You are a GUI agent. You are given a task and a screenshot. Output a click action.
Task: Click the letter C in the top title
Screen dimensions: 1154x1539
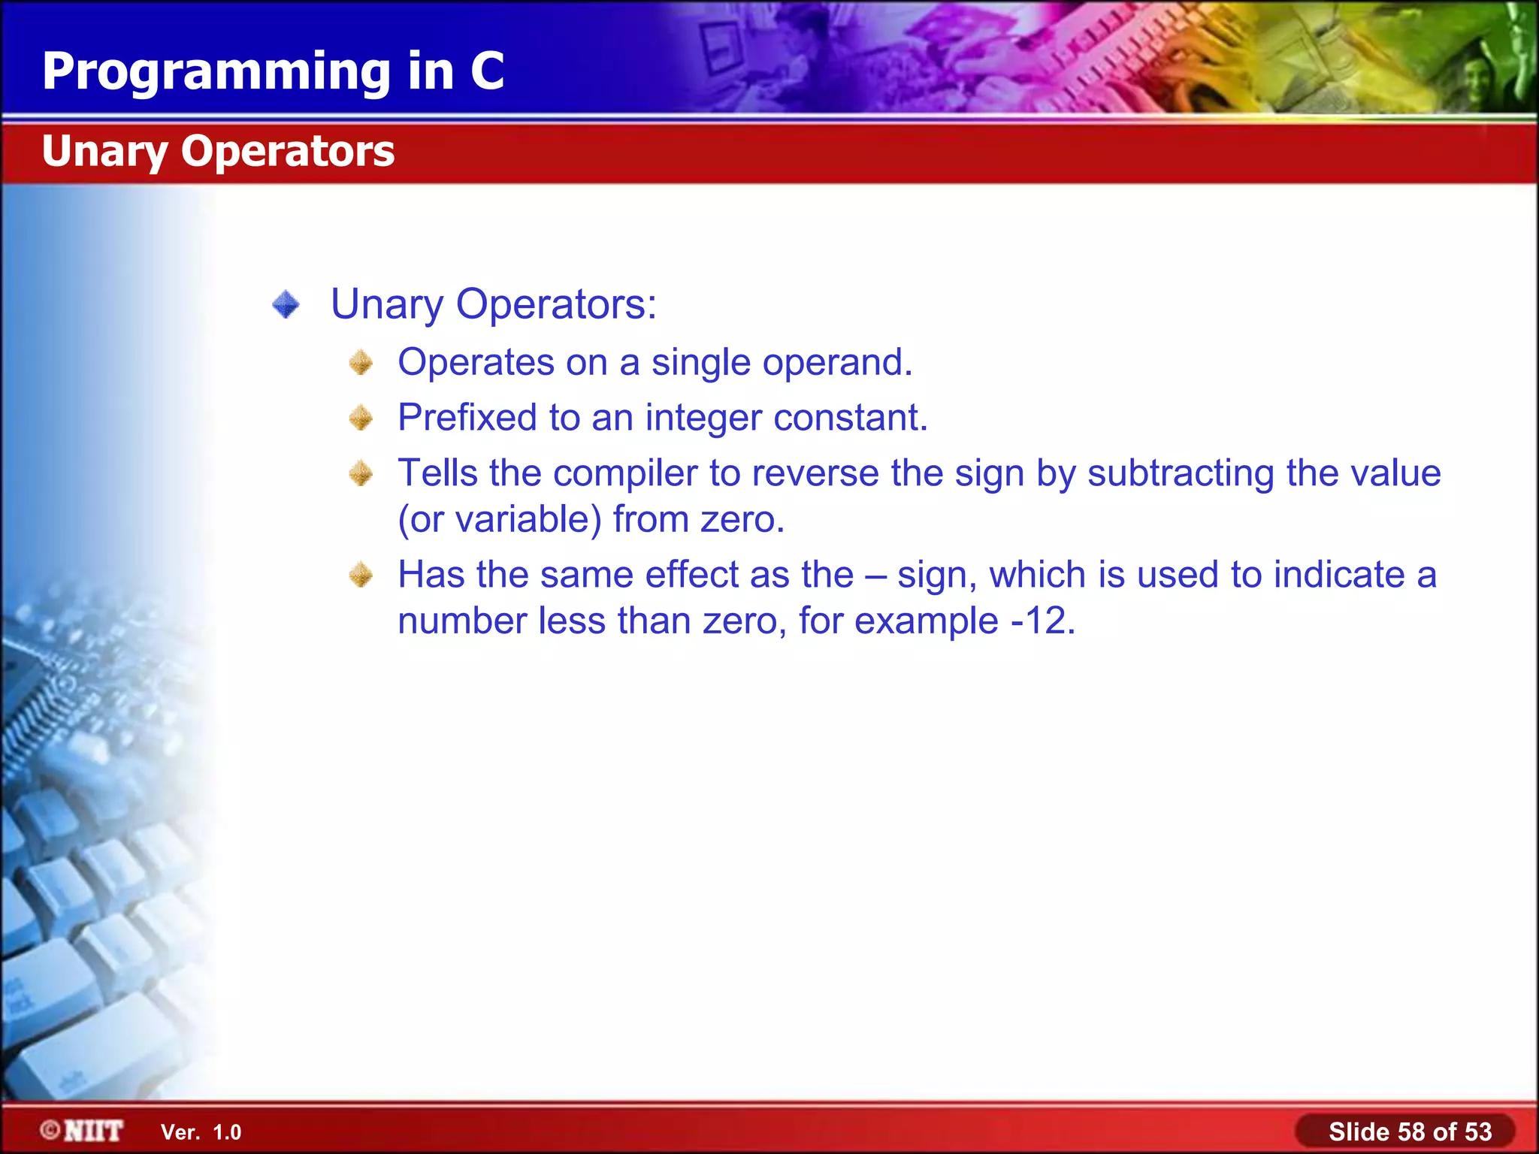coord(487,71)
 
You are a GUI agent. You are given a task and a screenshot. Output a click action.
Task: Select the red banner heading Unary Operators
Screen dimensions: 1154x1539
coord(218,152)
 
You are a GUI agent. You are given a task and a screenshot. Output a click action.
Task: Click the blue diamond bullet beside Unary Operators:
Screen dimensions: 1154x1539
coord(286,305)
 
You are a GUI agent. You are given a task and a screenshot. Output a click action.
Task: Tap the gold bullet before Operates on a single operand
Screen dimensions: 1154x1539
coord(361,363)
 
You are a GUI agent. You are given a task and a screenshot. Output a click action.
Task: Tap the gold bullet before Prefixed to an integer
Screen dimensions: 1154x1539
coord(361,418)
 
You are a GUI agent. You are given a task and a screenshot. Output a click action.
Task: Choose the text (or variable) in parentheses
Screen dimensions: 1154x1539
coord(500,520)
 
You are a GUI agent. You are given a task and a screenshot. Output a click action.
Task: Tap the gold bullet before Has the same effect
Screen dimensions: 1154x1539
coord(361,575)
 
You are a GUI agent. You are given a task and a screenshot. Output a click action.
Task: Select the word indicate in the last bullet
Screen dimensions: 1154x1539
coord(1339,575)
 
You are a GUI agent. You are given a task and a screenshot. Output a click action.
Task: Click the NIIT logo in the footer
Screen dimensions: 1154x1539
coord(83,1131)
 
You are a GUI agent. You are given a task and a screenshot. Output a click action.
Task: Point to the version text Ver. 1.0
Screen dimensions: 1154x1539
coord(201,1132)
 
